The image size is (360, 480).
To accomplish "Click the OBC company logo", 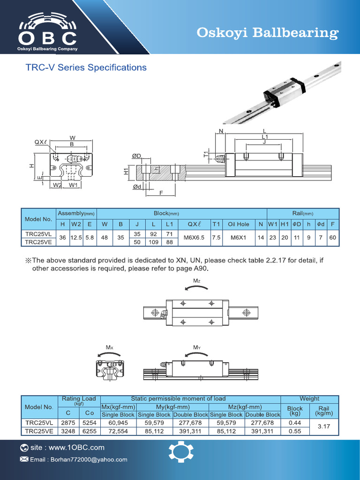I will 47,31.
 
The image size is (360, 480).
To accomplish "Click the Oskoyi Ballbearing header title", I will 267,33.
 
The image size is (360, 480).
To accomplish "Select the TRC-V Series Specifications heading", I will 86,67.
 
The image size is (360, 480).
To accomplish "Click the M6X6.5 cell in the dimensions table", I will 194,238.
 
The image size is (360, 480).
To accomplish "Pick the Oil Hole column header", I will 239,224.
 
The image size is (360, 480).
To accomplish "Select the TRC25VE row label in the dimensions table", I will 39,242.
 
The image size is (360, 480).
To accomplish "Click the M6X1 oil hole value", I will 239,238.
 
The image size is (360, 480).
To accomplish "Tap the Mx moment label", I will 110,347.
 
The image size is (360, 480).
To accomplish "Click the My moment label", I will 197,347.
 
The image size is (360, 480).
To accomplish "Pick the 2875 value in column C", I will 68,423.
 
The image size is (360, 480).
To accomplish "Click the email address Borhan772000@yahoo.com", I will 78,459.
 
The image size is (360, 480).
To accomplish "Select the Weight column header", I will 309,398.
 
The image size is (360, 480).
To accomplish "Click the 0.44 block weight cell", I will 295,423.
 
